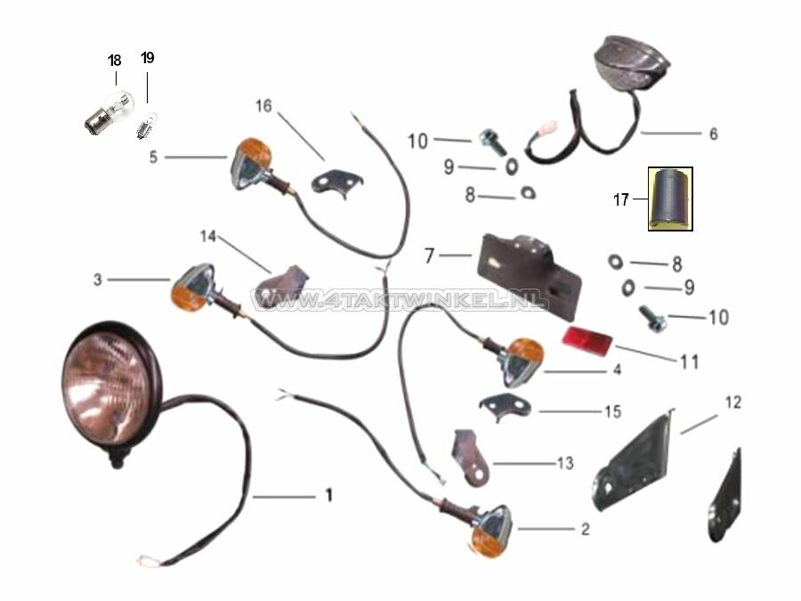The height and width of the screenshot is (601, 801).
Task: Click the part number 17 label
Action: point(620,200)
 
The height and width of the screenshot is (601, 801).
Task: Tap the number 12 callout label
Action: point(732,402)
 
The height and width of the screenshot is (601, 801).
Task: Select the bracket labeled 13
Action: point(471,454)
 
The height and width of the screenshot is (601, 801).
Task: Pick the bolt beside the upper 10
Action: point(490,140)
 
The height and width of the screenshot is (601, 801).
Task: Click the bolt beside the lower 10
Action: point(651,315)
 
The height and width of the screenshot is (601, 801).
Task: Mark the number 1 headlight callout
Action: point(328,495)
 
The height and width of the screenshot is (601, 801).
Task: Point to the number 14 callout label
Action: point(207,237)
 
